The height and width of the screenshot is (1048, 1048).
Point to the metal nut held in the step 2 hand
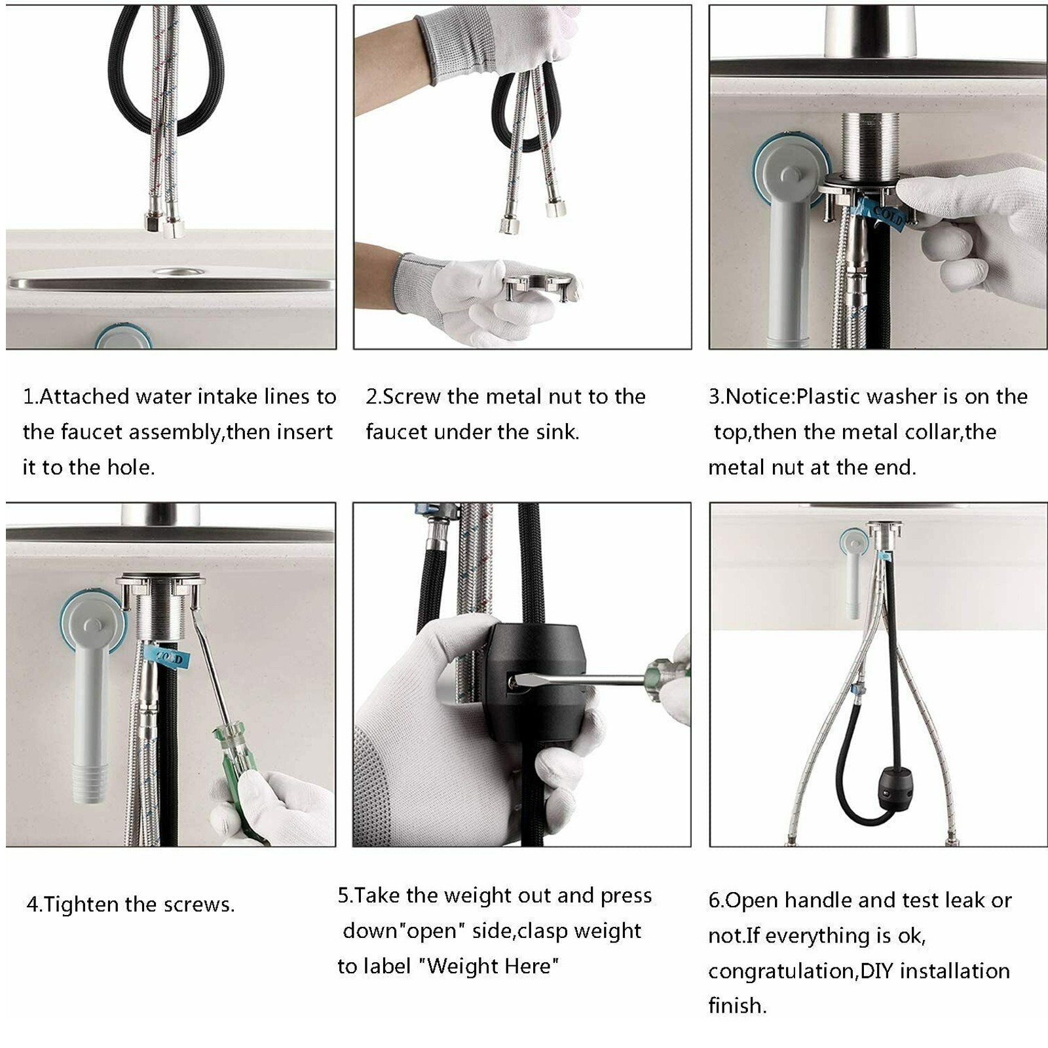pyautogui.click(x=540, y=285)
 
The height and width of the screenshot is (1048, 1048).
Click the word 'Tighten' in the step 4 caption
pyautogui.click(x=81, y=905)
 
